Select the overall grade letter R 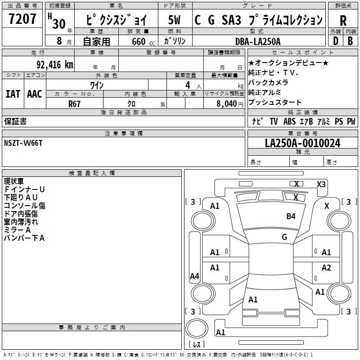coord(343,20)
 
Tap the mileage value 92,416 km coord(54,64)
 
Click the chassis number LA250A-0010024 coord(302,143)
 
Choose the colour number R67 coord(74,104)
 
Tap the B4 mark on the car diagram coord(291,216)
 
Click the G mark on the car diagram coord(284,237)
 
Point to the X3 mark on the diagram coord(321,184)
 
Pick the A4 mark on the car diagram coord(194,276)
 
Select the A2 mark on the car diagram coord(326,268)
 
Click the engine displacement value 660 coord(138,41)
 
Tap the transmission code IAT coord(13,94)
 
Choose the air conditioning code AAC coord(34,94)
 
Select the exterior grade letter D coord(335,41)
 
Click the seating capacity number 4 coord(187,85)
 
